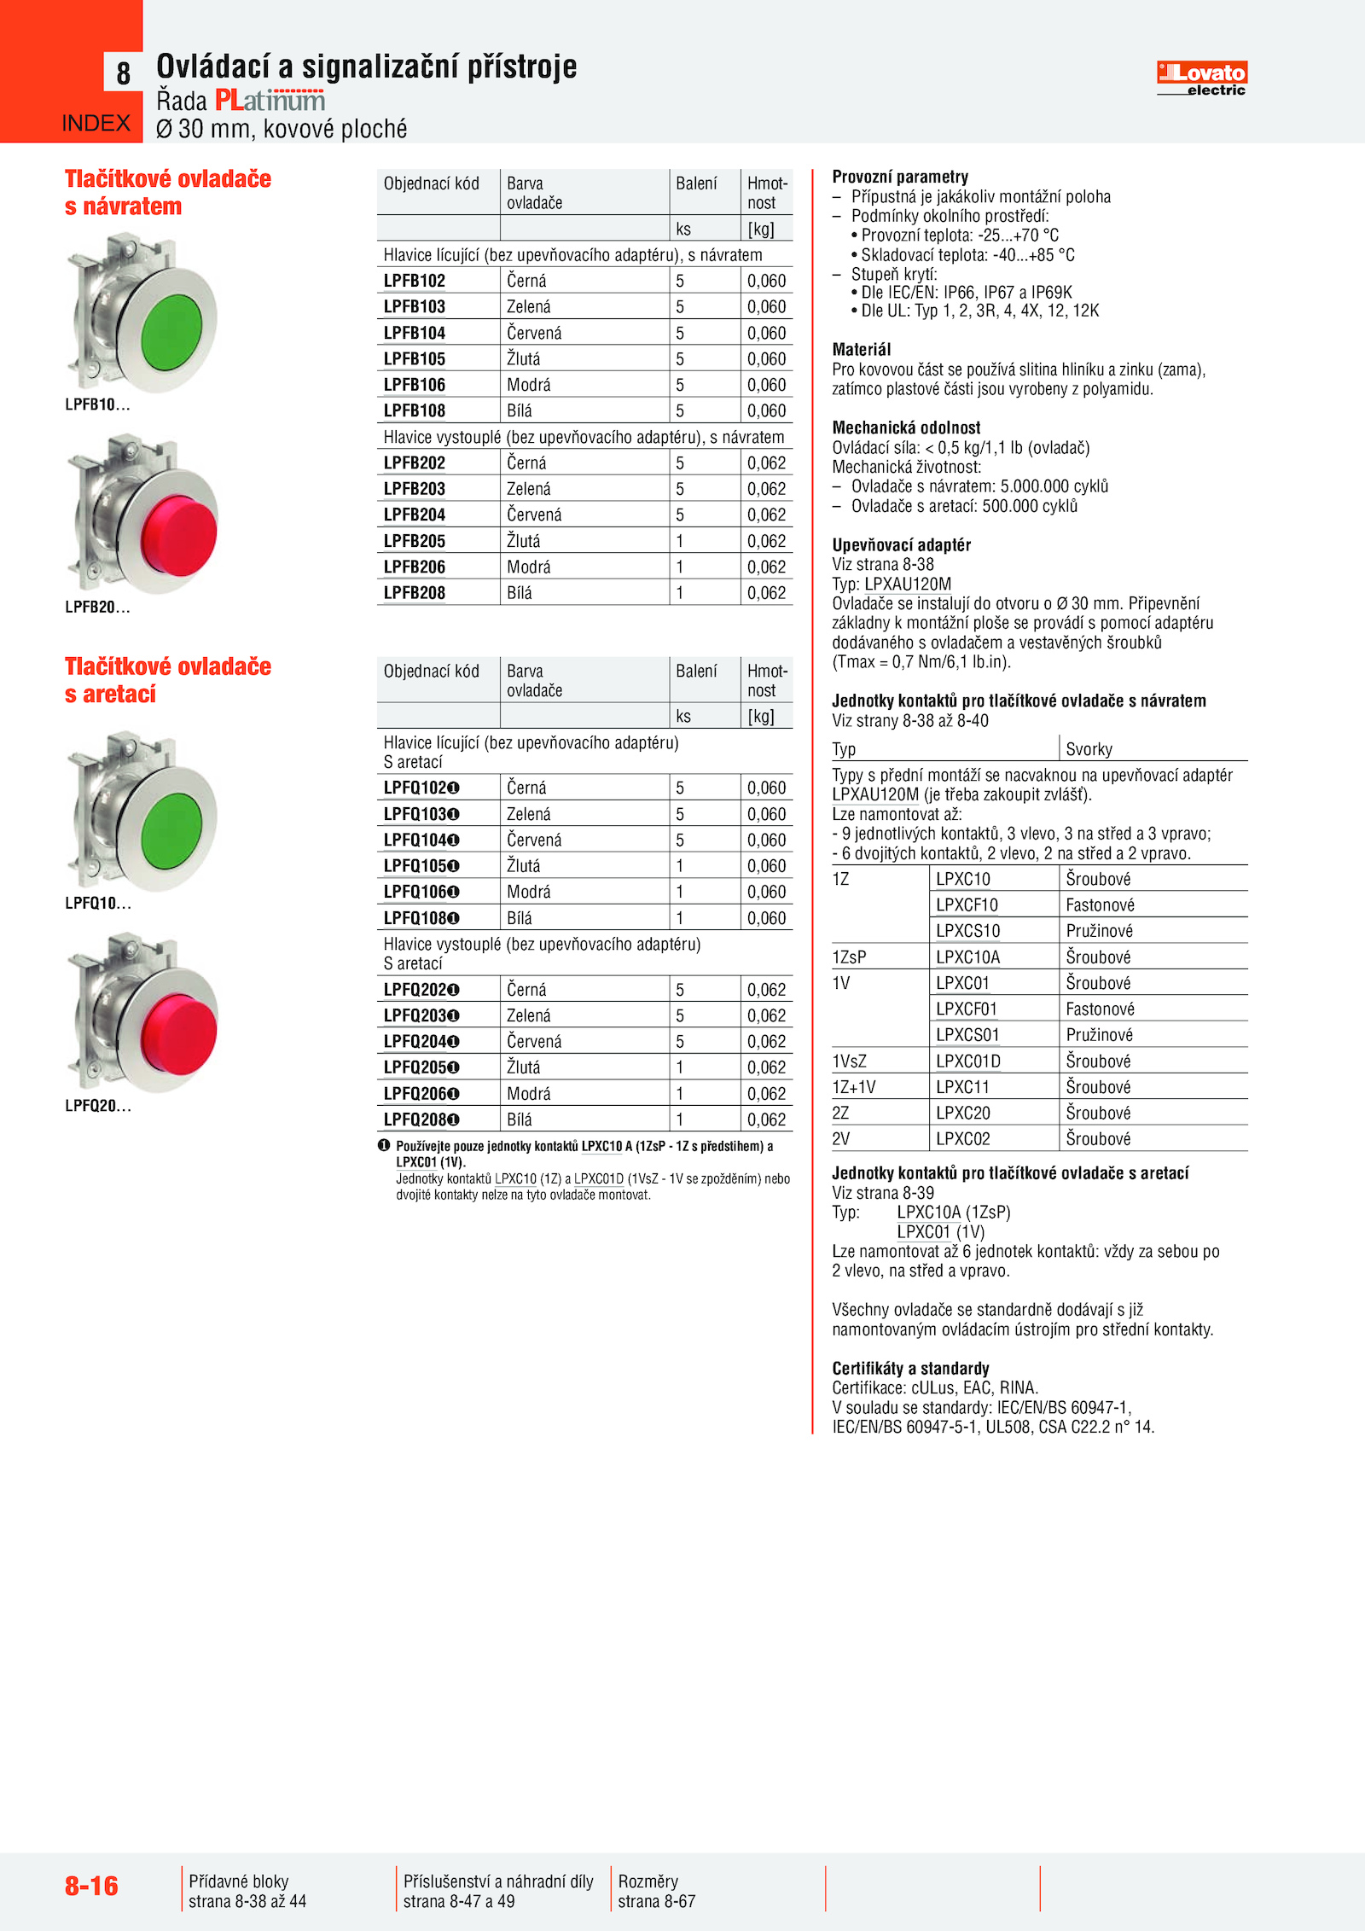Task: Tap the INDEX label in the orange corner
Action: coord(96,124)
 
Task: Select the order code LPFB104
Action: coord(415,333)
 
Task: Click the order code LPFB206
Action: coord(415,567)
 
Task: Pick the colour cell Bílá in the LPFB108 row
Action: coord(520,410)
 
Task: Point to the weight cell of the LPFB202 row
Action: coord(766,462)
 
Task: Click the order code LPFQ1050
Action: coord(421,866)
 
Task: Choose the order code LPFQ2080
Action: coord(421,1120)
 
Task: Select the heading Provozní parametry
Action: coord(900,177)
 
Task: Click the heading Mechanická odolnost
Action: coord(906,427)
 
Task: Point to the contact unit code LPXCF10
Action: coord(967,904)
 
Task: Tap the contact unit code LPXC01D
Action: coord(968,1061)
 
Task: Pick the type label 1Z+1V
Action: coord(854,1087)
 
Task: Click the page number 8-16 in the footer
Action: coord(91,1886)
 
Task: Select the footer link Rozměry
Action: coord(648,1882)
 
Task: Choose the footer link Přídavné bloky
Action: coord(239,1882)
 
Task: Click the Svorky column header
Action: coord(1089,749)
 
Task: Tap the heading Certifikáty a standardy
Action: coord(910,1368)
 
